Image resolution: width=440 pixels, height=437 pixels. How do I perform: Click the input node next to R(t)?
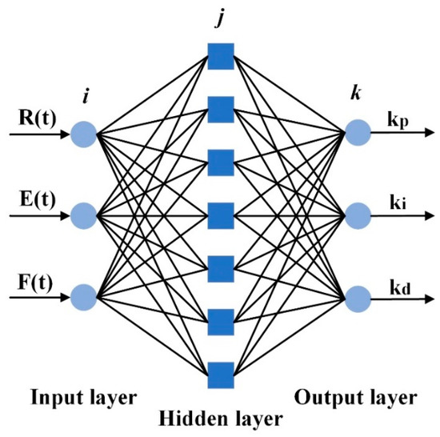pyautogui.click(x=83, y=133)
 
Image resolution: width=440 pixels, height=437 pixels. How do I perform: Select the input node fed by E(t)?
pyautogui.click(x=83, y=214)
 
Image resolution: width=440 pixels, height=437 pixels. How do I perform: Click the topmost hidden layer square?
pyautogui.click(x=219, y=54)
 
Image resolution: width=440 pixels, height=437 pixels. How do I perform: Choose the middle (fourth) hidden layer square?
pyautogui.click(x=219, y=214)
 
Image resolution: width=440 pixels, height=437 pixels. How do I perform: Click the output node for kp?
pyautogui.click(x=357, y=133)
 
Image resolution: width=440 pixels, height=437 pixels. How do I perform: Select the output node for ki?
pyautogui.click(x=357, y=214)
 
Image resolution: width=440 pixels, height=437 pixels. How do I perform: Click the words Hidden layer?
pyautogui.click(x=219, y=417)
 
